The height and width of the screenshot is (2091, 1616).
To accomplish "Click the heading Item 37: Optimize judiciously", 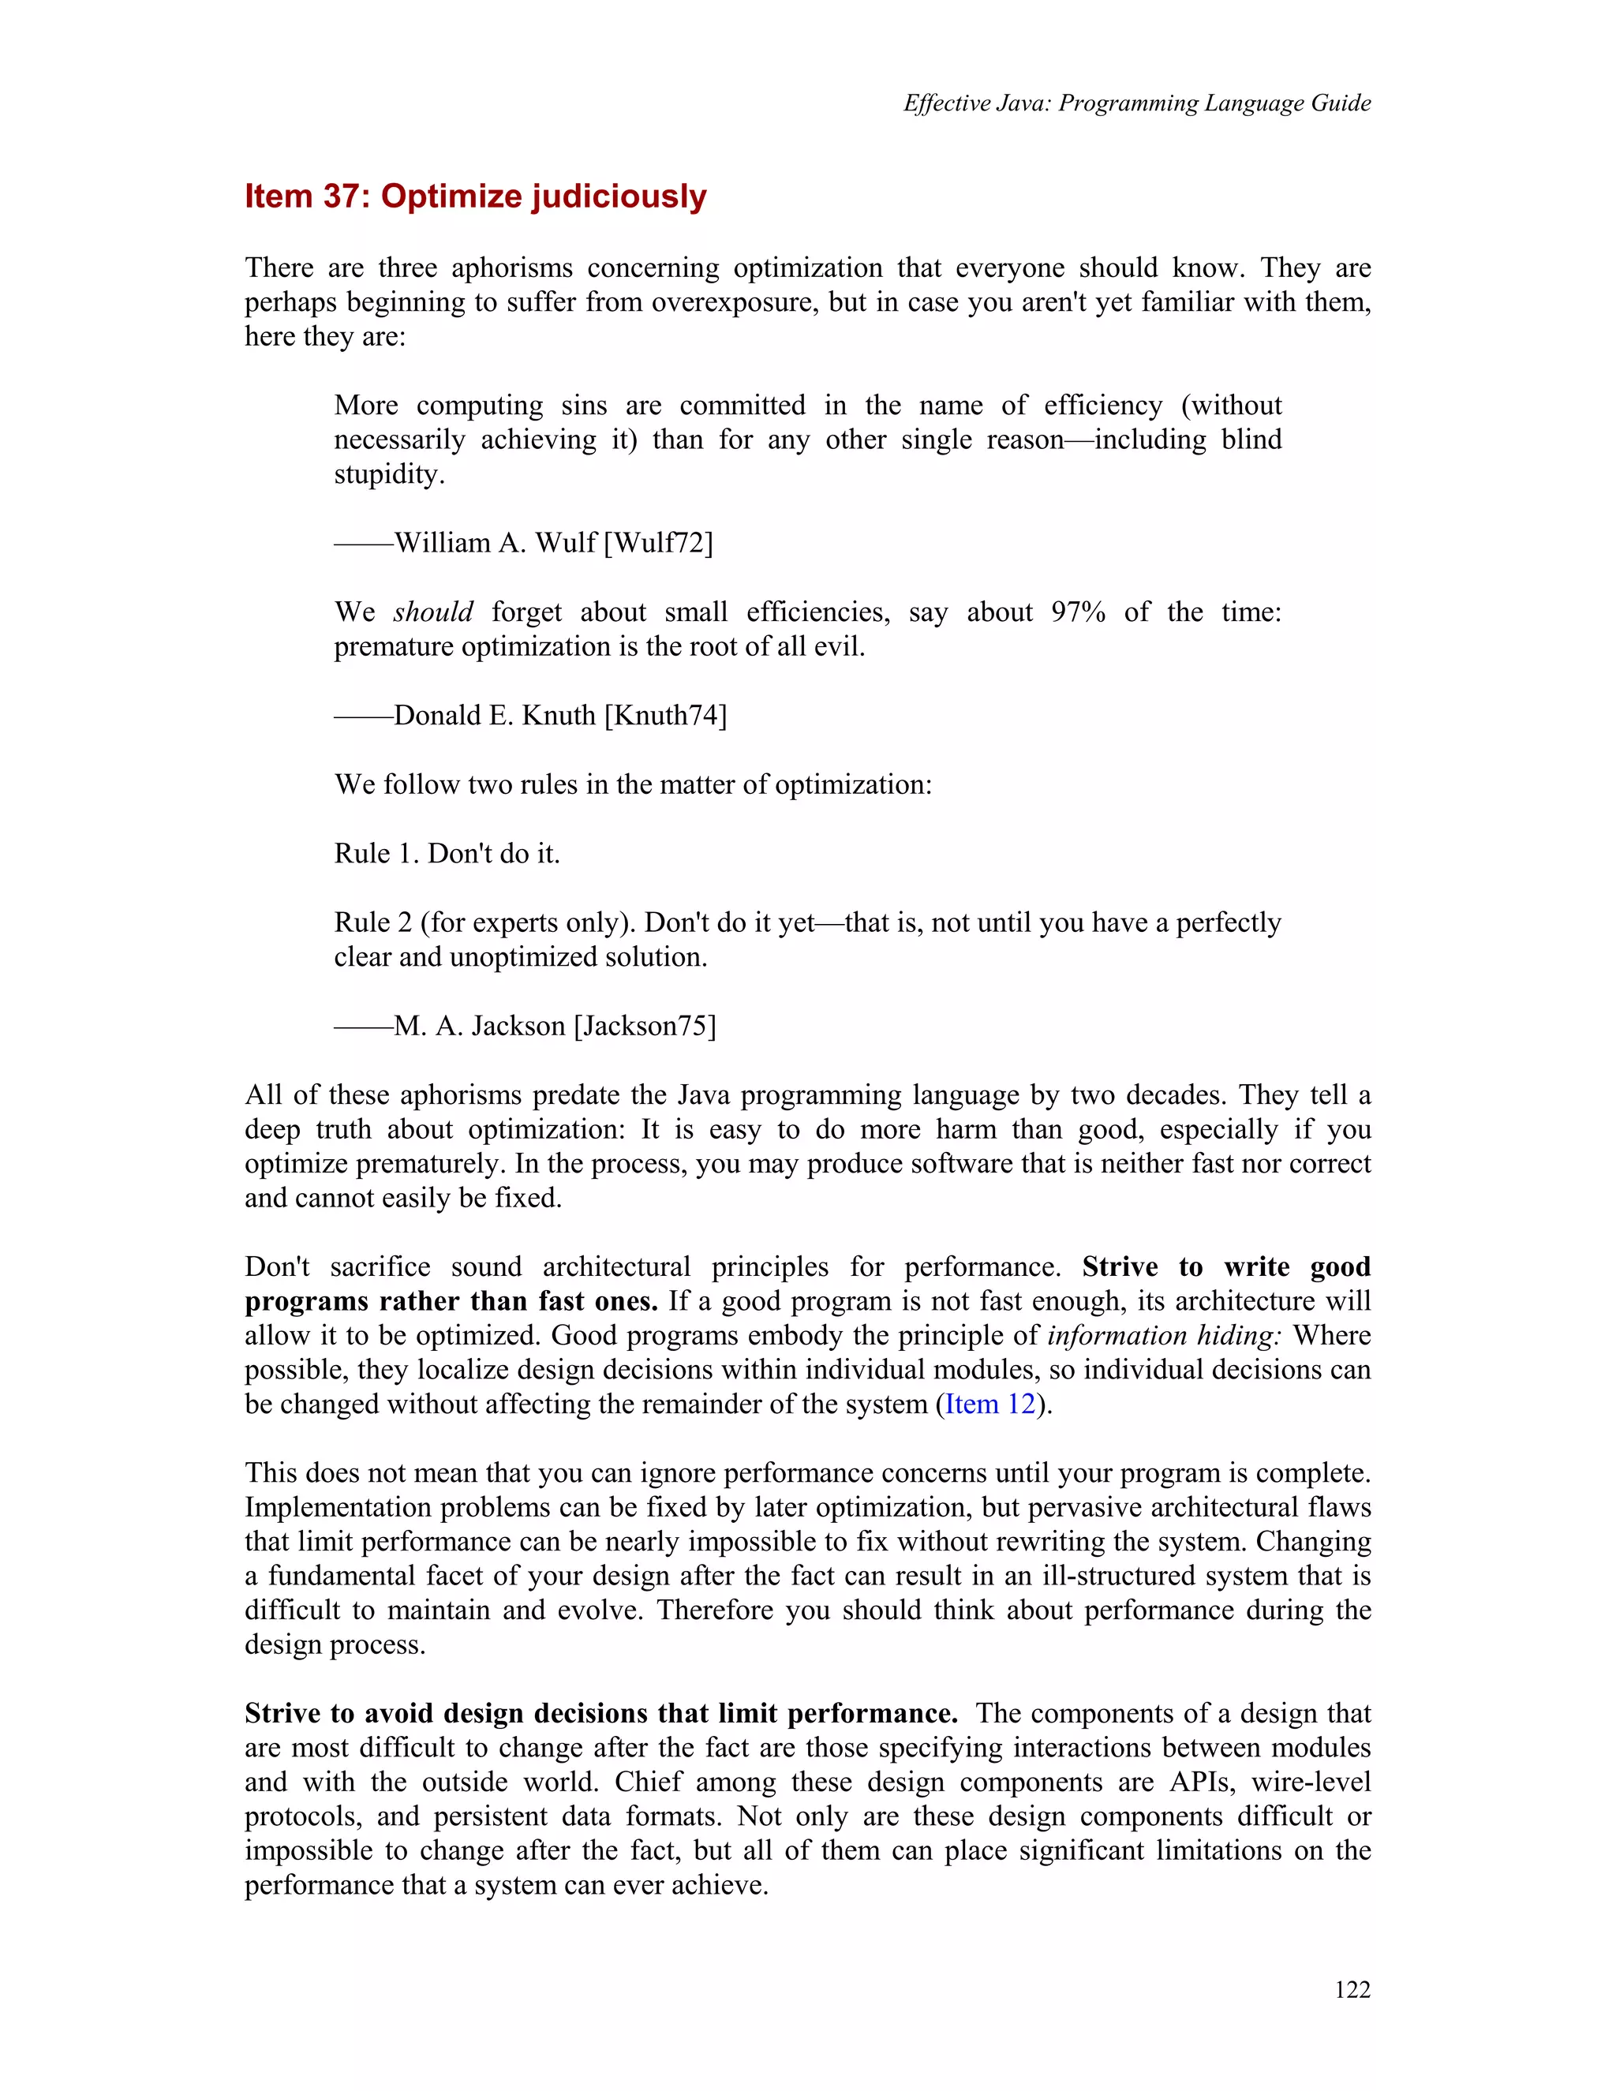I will coord(475,196).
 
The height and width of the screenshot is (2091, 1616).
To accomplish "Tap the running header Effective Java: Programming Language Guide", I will coord(1136,103).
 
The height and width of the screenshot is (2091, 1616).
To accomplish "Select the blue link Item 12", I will coord(990,1405).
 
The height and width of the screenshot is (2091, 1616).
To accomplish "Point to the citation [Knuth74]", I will coord(665,715).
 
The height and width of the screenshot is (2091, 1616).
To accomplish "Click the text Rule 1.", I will coord(376,853).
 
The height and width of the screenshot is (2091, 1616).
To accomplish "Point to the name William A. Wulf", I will coord(495,543).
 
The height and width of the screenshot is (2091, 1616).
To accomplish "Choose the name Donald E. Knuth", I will coord(495,715).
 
